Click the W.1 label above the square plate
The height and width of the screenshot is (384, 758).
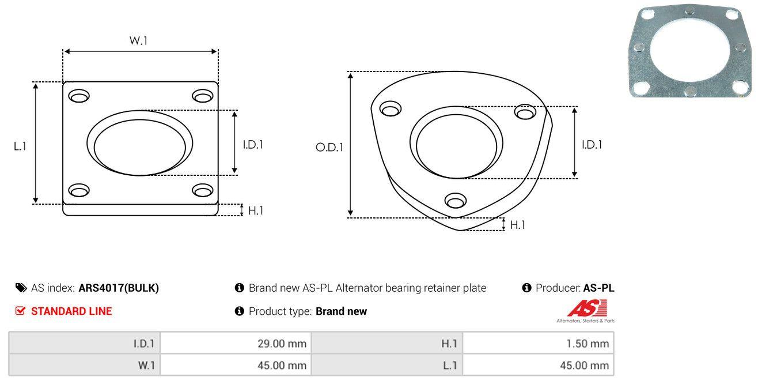click(x=138, y=40)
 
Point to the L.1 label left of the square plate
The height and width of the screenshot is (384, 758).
click(x=20, y=146)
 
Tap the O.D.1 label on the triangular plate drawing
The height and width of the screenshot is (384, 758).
click(x=329, y=147)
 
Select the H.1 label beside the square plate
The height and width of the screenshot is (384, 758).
click(x=256, y=210)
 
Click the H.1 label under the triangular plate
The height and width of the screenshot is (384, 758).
click(x=517, y=225)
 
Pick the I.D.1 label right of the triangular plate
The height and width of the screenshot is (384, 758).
click(x=592, y=145)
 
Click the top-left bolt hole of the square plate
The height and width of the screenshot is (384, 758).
click(x=79, y=96)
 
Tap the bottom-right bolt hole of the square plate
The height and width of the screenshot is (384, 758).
click(x=203, y=190)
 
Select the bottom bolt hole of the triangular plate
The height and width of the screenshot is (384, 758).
click(x=456, y=201)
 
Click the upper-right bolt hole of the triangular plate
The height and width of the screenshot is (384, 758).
click(x=525, y=112)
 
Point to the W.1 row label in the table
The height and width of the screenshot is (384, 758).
click(x=146, y=366)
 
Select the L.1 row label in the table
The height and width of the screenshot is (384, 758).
click(x=450, y=366)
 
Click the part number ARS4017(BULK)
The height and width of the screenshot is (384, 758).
click(x=119, y=288)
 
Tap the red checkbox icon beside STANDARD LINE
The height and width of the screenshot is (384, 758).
click(x=20, y=311)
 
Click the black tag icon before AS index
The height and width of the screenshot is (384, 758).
click(x=21, y=288)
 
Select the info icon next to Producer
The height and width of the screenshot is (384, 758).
click(x=526, y=288)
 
